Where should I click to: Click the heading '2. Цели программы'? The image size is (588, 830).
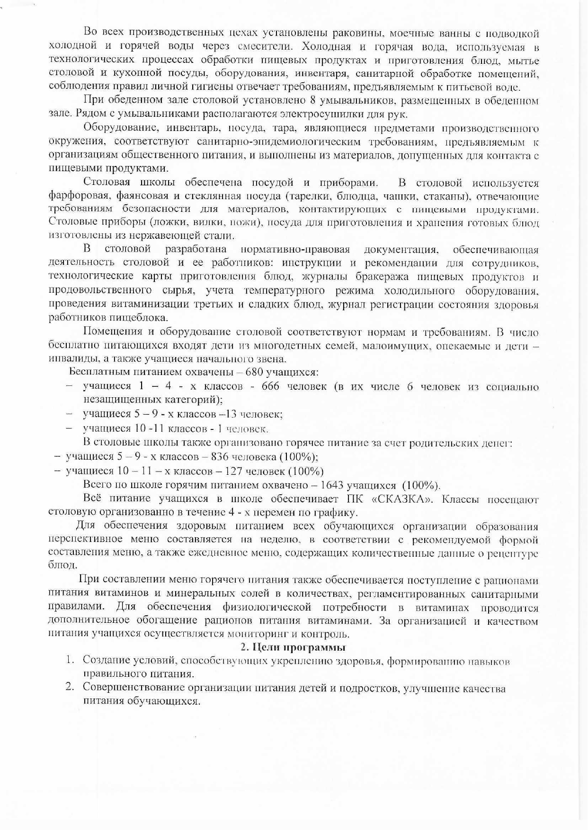pyautogui.click(x=293, y=647)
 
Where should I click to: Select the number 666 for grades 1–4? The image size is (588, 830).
pyautogui.click(x=270, y=386)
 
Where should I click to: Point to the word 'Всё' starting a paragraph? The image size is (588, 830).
pyautogui.click(x=92, y=499)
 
